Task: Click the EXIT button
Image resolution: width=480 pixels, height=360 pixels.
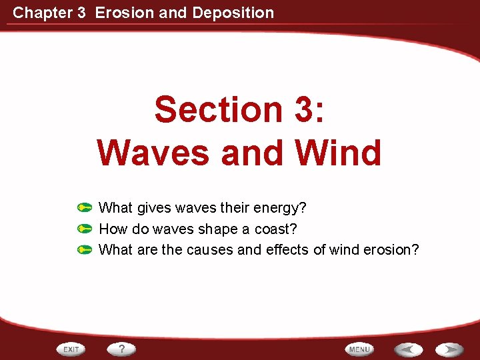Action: pyautogui.click(x=71, y=349)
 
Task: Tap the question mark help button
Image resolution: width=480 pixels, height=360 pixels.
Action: pyautogui.click(x=121, y=349)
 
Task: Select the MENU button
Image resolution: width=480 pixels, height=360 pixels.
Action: pyautogui.click(x=359, y=349)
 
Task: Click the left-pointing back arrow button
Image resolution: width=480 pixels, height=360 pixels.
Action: pyautogui.click(x=407, y=349)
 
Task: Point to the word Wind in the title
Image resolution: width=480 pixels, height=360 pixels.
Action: pyautogui.click(x=339, y=153)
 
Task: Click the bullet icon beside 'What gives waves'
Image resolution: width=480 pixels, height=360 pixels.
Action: pyautogui.click(x=84, y=208)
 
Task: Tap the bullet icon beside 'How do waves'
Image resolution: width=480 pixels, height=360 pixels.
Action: pyautogui.click(x=84, y=229)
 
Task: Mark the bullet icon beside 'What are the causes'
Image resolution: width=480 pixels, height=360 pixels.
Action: pyautogui.click(x=84, y=251)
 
